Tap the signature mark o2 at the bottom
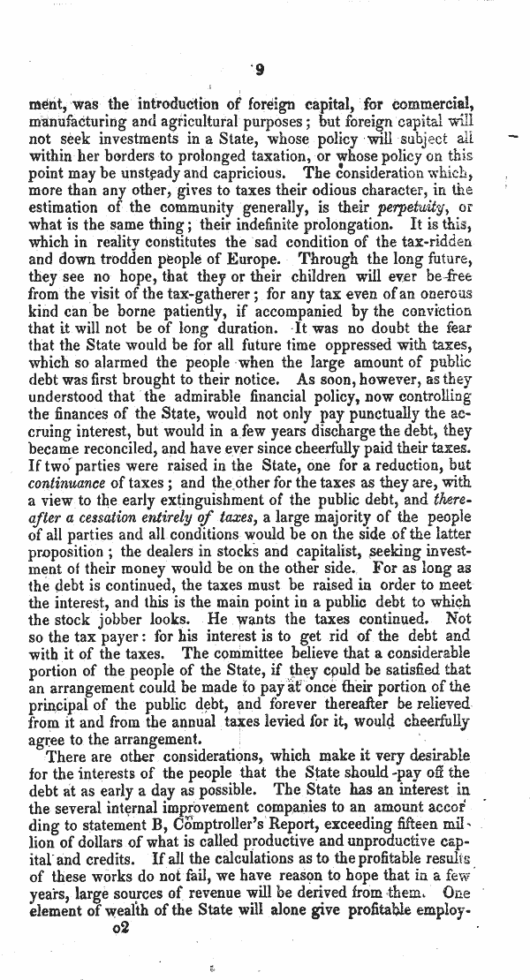(122, 955)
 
